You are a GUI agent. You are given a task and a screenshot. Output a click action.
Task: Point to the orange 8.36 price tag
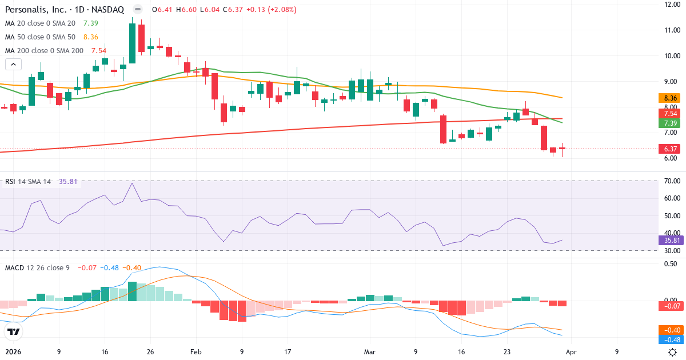pos(670,98)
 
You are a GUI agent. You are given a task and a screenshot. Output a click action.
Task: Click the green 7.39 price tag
pos(670,123)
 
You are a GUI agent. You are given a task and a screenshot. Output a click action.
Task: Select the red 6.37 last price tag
pos(670,149)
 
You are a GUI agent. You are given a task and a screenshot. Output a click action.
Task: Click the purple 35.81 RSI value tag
pos(670,241)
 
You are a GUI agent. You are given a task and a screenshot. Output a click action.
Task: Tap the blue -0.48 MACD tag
pos(670,339)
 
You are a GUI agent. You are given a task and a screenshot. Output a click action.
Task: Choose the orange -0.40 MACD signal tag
pos(670,330)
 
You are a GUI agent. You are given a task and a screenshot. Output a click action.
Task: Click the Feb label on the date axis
pos(196,352)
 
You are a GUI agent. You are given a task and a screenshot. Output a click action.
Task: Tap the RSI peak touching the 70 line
pos(133,183)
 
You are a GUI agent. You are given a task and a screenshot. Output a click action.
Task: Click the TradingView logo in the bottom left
pos(14,331)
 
